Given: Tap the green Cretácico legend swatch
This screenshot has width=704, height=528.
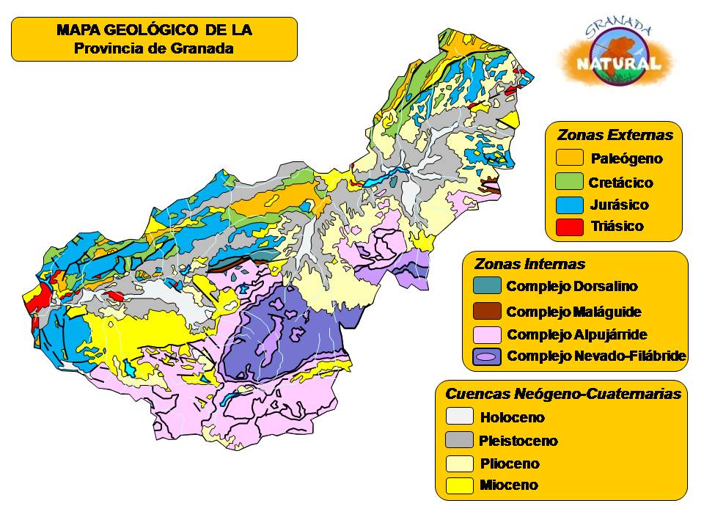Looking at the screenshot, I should click(569, 181).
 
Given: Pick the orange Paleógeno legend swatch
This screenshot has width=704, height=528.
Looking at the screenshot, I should click(569, 158).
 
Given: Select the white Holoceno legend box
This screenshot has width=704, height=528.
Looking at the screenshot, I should click(460, 417).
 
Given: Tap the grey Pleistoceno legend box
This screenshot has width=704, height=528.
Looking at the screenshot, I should click(460, 440).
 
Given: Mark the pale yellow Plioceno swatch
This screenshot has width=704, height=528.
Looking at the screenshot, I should click(460, 463).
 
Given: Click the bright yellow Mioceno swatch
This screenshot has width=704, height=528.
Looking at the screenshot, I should click(460, 485).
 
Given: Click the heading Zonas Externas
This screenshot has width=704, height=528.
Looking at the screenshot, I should click(615, 135).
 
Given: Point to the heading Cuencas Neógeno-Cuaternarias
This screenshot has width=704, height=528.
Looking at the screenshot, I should click(563, 394).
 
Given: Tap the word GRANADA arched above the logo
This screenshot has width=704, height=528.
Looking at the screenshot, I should click(618, 29).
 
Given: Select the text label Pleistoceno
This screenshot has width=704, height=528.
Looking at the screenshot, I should click(518, 441).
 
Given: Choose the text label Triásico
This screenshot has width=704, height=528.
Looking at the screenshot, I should click(617, 227).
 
